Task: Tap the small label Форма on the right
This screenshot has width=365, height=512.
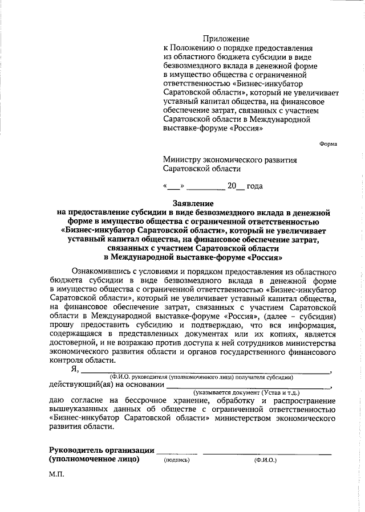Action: point(328,144)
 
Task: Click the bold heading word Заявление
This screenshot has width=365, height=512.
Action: point(193,203)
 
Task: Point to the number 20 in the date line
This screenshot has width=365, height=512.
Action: point(232,186)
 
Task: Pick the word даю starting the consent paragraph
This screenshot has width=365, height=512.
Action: point(57,400)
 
